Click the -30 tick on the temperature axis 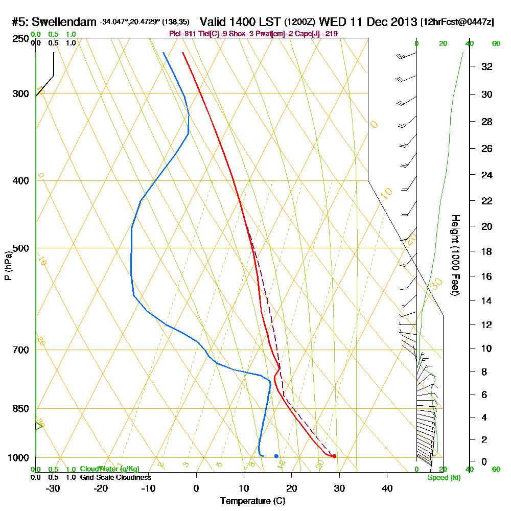53,488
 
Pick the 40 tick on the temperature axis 387,488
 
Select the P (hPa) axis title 8,266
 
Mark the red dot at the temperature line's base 334,456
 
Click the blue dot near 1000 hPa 276,456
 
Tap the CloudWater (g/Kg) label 109,469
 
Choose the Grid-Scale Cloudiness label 115,477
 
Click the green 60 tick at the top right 496,43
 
